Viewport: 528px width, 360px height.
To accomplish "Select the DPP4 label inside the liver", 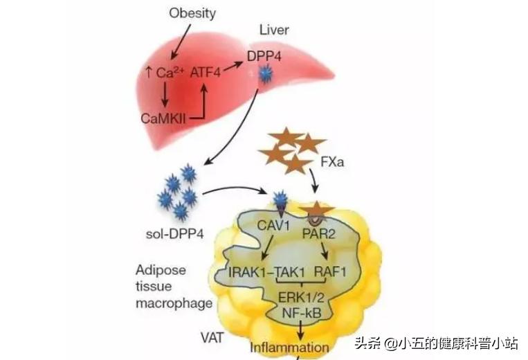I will (x=264, y=54).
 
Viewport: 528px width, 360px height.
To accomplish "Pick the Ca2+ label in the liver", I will (x=164, y=73).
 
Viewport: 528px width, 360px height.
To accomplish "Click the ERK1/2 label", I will (x=296, y=297).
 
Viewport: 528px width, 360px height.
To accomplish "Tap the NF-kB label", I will (x=296, y=313).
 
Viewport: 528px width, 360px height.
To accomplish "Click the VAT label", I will (x=212, y=339).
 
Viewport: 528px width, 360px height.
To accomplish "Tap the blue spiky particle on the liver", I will (x=264, y=74).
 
